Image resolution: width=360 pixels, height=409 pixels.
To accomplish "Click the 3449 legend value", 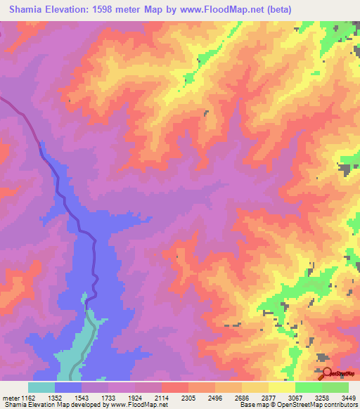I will [349, 397].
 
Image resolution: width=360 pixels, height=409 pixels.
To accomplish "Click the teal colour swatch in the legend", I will [41, 387].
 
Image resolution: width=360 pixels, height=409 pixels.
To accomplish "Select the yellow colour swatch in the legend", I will [281, 387].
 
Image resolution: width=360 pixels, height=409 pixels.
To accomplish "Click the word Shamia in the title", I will [30, 10].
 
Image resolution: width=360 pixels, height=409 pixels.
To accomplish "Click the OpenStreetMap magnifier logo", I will [326, 373].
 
